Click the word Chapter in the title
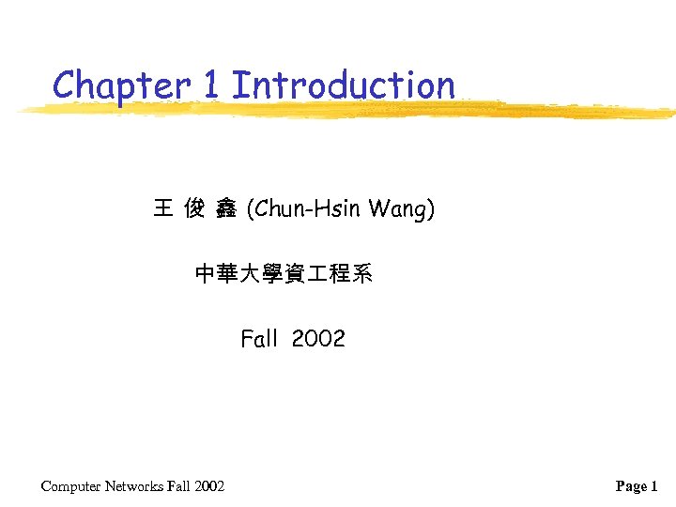tap(121, 85)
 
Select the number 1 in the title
tap(210, 85)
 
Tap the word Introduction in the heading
tap(343, 85)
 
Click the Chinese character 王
tap(162, 208)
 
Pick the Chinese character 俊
tap(194, 208)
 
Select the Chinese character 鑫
tap(225, 208)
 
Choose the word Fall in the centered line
tap(259, 339)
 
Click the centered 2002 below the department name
tap(318, 339)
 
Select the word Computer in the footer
tap(71, 486)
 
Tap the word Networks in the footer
tap(134, 485)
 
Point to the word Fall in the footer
tap(178, 485)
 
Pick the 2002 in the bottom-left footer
tap(209, 485)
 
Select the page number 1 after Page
tap(654, 485)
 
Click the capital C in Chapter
tap(65, 85)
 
